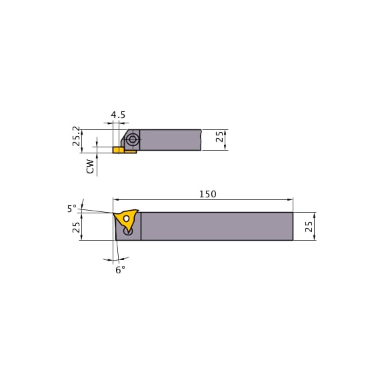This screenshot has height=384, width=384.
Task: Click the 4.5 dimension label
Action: (x=118, y=115)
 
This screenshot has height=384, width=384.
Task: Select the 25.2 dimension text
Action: (x=77, y=136)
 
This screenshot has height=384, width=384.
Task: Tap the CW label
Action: (x=90, y=166)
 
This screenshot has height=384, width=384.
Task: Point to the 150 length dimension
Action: (x=207, y=194)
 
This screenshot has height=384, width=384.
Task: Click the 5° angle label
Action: (x=71, y=209)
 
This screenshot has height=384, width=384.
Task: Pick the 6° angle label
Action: (x=120, y=270)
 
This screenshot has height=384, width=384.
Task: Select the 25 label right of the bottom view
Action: (x=309, y=226)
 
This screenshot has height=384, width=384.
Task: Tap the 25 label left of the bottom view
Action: (x=77, y=227)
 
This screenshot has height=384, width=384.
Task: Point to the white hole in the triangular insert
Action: (x=126, y=219)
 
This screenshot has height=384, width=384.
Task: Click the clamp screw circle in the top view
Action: (x=133, y=139)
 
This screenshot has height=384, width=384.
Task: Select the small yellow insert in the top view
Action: (x=118, y=151)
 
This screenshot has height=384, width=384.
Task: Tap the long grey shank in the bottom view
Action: (x=217, y=226)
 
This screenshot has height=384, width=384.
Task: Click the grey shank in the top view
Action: (x=170, y=139)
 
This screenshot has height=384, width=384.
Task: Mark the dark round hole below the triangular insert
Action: (x=128, y=232)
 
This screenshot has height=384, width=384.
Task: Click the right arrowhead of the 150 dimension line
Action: (x=290, y=199)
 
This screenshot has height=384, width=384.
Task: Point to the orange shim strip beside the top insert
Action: (x=130, y=152)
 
